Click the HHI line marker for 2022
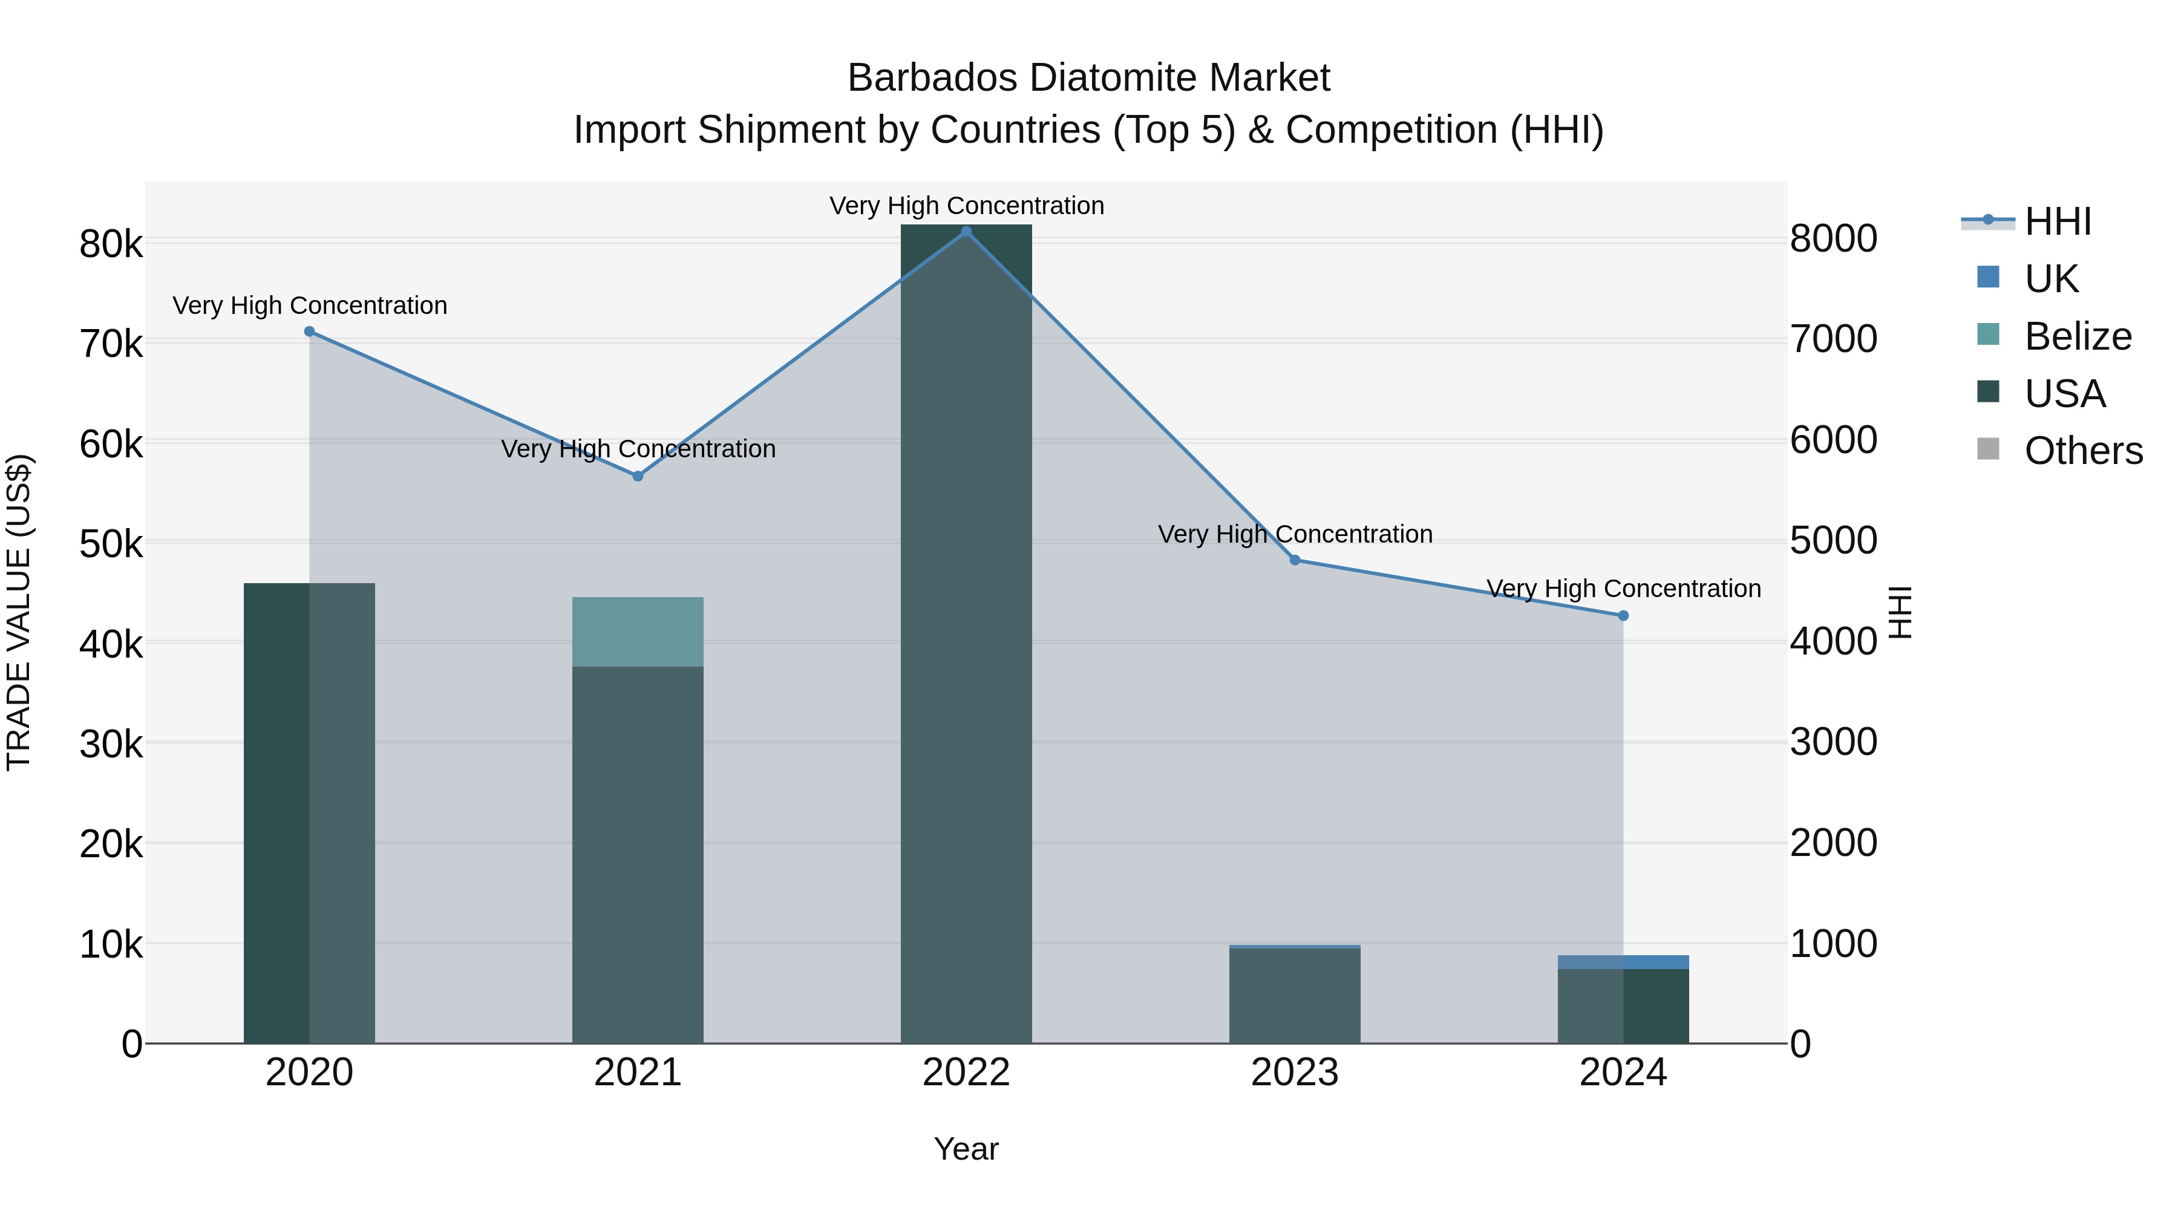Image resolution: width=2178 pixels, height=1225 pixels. tap(966, 232)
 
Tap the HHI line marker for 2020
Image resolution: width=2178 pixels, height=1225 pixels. tap(309, 332)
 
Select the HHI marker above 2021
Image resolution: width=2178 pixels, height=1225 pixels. tap(638, 476)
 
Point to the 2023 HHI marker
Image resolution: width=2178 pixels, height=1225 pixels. tap(1295, 560)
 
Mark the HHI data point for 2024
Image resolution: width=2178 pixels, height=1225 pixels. tap(1623, 615)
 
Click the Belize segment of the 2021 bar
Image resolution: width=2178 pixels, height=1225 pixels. tap(638, 632)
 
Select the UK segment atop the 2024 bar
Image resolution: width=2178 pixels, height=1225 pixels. tap(1623, 962)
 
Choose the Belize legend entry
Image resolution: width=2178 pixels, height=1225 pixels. tap(2078, 336)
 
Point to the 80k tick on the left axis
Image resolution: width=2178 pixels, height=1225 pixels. tap(111, 244)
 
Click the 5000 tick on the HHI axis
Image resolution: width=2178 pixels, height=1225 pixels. tap(1833, 540)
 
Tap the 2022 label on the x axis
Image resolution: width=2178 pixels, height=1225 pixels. tap(966, 1073)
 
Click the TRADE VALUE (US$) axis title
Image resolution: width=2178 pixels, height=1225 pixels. tap(19, 612)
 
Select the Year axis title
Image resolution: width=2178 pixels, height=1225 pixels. tap(966, 1149)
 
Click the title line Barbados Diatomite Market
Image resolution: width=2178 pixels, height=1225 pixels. tap(1088, 78)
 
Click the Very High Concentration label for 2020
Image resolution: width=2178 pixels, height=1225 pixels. tap(309, 305)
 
